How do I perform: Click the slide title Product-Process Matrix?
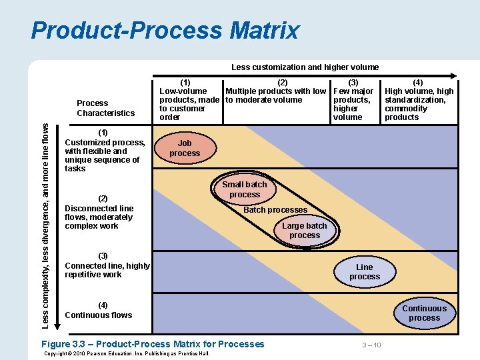coord(165,31)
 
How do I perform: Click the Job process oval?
coord(185,148)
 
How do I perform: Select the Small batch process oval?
coord(244,189)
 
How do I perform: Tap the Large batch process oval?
coord(305,231)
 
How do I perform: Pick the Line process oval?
coord(365,272)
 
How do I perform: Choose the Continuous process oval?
coord(424,313)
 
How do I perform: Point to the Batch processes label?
coord(275,210)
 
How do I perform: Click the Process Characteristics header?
coord(105,108)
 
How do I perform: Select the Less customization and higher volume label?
coord(305,67)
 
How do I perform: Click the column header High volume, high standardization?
coord(419,100)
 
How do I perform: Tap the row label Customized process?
coord(105,151)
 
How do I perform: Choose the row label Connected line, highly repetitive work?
coord(107,265)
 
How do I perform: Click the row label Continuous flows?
coord(99,311)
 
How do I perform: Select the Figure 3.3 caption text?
coord(153,344)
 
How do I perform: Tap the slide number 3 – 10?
coord(371,345)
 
